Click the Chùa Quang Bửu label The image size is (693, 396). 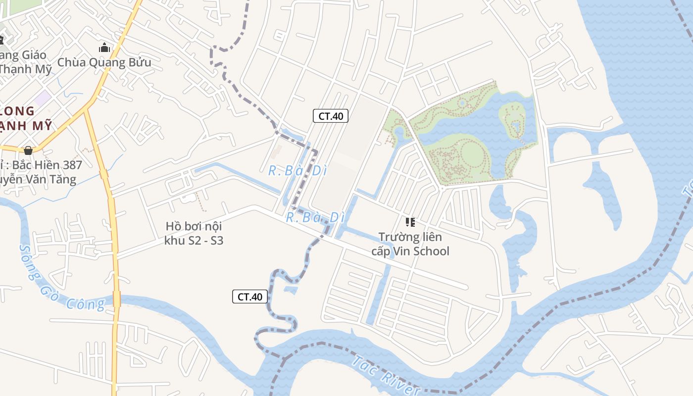point(104,62)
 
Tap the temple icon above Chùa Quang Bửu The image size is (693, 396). point(104,48)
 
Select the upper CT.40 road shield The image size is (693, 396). point(331,116)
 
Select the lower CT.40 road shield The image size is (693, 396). point(250,297)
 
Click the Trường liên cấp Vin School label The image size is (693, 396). point(410,244)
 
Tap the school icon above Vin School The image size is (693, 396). point(410,222)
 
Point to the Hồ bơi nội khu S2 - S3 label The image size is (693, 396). point(194,234)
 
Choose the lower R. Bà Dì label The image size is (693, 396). point(315,217)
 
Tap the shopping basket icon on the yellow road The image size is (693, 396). point(28,150)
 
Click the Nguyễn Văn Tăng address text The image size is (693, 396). point(40,179)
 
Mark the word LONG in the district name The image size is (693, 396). point(17,111)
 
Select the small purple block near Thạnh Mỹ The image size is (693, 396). point(43,97)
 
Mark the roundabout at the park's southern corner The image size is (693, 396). point(442,189)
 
